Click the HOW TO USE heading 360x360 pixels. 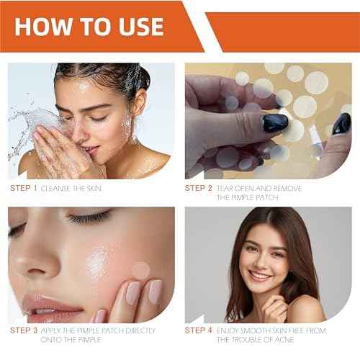[x=91, y=27]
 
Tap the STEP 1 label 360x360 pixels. [x=24, y=189]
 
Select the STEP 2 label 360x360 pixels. [x=199, y=189]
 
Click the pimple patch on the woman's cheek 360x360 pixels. [x=141, y=270]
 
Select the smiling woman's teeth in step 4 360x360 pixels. [x=261, y=275]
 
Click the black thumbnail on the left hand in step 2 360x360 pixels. [x=274, y=122]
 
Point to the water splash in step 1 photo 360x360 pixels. [x=25, y=130]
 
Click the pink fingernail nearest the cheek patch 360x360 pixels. [x=135, y=292]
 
